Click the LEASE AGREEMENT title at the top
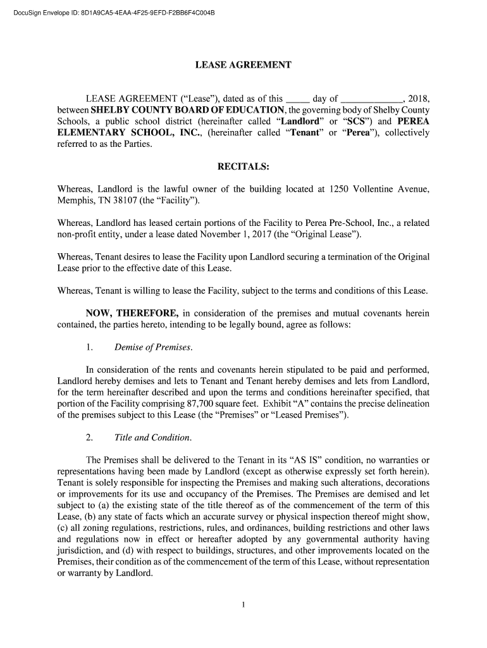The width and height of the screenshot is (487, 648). click(x=243, y=65)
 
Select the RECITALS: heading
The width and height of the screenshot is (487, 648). click(x=243, y=167)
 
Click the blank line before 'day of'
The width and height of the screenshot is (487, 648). click(x=298, y=99)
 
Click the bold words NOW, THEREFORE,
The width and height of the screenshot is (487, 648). click(x=132, y=313)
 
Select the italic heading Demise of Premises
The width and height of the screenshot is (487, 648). click(x=153, y=347)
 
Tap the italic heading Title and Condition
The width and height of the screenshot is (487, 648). click(x=152, y=437)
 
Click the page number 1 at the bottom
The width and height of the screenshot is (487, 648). click(x=244, y=605)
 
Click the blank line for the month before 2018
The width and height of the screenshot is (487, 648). click(x=371, y=99)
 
